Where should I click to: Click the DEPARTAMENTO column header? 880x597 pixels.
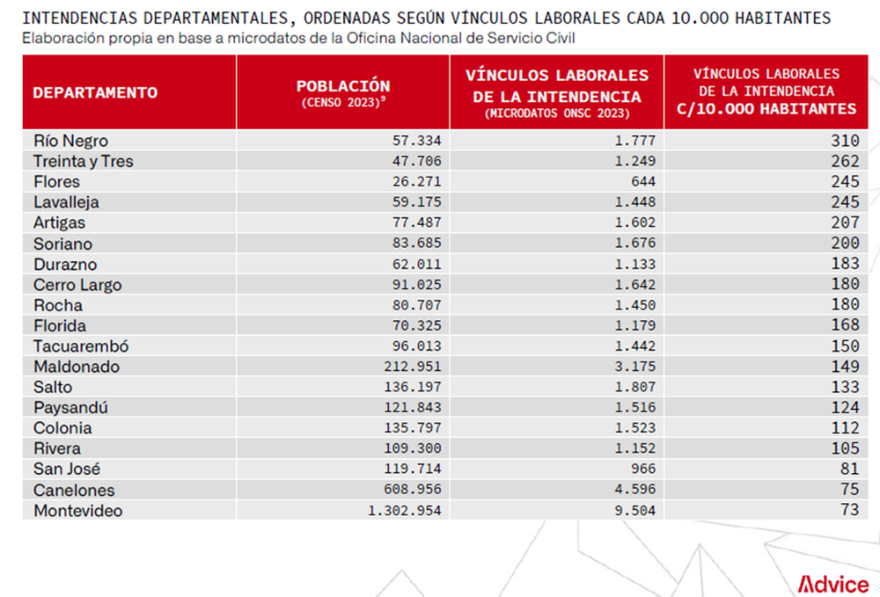point(95,92)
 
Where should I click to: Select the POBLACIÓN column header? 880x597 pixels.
point(343,86)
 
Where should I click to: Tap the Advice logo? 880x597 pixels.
point(832,584)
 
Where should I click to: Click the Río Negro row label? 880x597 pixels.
point(70,141)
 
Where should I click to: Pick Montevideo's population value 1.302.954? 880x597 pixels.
point(405,511)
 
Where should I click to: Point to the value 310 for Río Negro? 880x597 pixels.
point(845,141)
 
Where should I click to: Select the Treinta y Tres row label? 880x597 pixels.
point(83,162)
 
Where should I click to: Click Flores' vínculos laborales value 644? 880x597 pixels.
point(643,182)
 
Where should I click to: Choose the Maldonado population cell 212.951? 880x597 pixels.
point(413,367)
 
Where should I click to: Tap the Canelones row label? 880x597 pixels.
point(74,491)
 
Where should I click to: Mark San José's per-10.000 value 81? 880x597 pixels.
point(850,469)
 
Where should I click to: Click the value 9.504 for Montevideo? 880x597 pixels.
point(634,511)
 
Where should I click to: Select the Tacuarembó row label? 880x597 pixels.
point(81,346)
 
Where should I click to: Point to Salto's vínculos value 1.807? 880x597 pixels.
point(634,387)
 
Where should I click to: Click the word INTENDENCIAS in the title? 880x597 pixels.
point(80,18)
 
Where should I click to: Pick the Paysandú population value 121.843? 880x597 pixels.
point(413,408)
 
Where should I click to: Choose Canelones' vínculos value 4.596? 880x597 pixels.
point(634,490)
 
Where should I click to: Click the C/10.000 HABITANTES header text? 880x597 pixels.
point(766,109)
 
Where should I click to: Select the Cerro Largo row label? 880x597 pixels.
point(77,286)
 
